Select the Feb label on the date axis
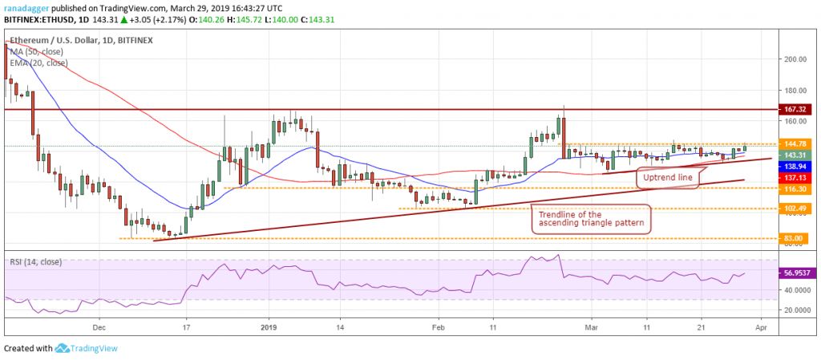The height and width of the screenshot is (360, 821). coord(438,327)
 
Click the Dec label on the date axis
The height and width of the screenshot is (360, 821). coord(99,327)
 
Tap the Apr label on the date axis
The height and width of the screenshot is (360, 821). coord(762,327)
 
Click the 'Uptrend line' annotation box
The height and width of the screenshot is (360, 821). coord(665,176)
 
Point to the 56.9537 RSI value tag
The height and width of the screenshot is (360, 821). coord(795,273)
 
